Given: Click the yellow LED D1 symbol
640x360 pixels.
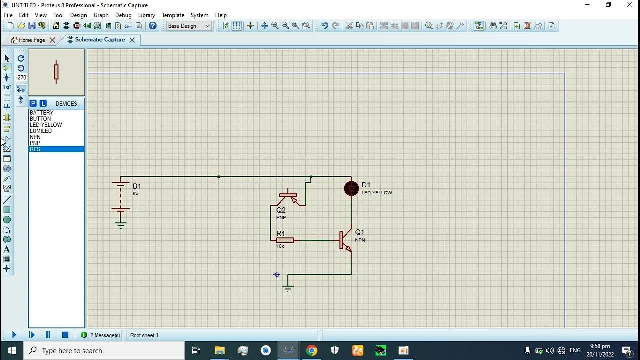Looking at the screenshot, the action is point(351,188).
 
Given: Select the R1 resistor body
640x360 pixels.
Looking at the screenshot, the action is point(285,240).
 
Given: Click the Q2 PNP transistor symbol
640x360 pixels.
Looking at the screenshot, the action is point(289,197).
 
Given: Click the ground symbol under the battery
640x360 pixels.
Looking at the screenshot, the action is point(121,224).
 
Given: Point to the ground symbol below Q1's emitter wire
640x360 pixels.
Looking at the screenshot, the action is point(288,288).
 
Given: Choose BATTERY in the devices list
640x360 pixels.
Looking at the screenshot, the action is point(41,113).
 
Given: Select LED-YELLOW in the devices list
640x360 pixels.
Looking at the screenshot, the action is point(46,125).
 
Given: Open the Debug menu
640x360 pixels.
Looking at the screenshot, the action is point(123,15).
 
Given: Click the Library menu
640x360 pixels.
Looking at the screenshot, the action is point(146,15).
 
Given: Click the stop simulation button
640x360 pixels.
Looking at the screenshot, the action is point(65,335).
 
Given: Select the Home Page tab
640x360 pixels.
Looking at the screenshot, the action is point(32,40).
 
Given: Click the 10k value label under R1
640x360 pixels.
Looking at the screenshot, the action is point(280,246).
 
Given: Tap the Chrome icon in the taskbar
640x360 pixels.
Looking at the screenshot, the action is point(311,350).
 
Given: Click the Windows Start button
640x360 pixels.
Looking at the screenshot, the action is point(12,350).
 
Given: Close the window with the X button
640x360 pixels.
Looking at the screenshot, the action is point(630,5).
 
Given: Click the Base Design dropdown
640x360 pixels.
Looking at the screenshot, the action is point(189,26).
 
